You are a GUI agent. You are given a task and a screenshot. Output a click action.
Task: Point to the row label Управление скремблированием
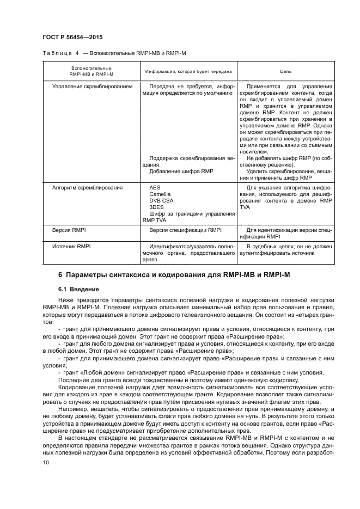(92, 86)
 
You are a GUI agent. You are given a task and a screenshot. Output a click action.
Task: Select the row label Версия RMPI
(65, 230)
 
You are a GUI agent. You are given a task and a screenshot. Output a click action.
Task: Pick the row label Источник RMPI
(68, 247)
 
